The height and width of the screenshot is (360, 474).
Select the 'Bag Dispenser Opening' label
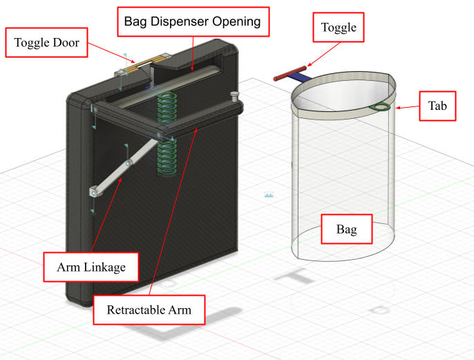pos(192,22)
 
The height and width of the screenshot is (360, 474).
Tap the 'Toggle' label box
pos(339,28)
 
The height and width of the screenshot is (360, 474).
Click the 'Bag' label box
pos(346,229)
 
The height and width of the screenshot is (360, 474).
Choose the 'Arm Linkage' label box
pos(86,266)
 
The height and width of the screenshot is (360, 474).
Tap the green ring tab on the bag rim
pos(380,107)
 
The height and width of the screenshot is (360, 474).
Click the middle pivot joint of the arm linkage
pos(129,164)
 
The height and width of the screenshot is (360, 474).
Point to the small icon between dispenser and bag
pos(269,196)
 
